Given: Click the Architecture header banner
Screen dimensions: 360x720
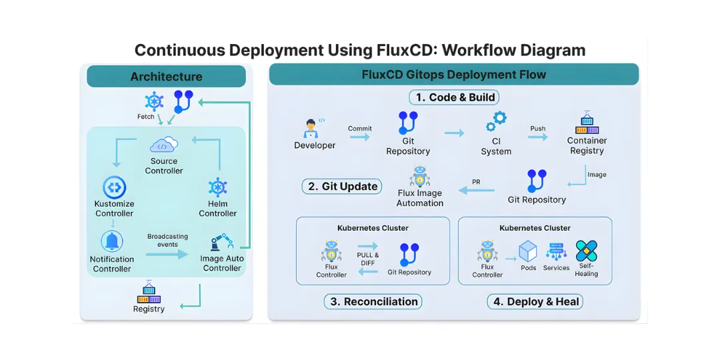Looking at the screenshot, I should coord(166,77).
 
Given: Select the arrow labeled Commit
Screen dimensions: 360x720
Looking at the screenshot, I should coord(359,137).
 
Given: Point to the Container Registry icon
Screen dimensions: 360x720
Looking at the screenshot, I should coord(587,123).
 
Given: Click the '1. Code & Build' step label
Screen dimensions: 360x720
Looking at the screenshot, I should coord(455,97).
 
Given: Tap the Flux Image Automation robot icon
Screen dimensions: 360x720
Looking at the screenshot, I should coord(420,177).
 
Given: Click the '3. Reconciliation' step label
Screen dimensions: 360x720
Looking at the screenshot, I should coord(374,301).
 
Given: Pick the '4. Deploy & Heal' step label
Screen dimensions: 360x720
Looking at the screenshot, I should coord(536,301).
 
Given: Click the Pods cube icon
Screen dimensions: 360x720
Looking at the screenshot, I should coord(528,251).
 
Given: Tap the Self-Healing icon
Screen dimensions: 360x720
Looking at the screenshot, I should coord(587,251).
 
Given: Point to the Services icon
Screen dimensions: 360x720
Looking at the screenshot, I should coord(556,252).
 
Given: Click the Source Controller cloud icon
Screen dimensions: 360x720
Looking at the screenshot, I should coord(163,145).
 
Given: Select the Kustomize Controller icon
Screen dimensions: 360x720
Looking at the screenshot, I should coord(114,187).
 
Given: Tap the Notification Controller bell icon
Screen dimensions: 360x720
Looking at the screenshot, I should coord(112,241).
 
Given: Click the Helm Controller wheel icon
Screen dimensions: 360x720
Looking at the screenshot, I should coord(217,187).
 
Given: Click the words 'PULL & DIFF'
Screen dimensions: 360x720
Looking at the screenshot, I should coord(367,259).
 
